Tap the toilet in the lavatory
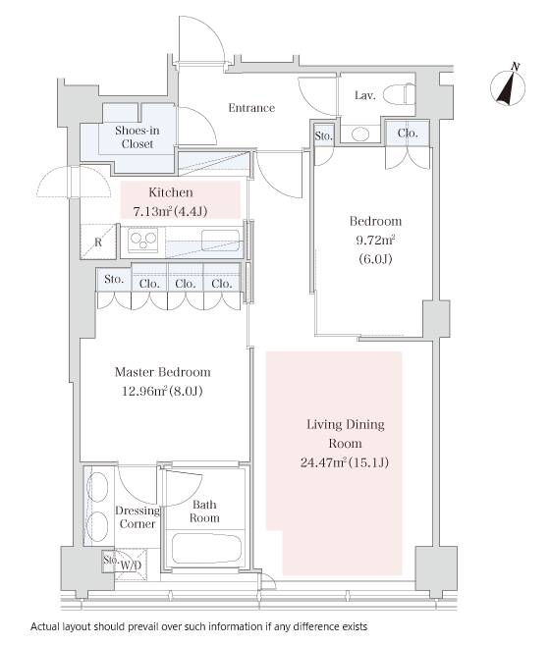pos(399,94)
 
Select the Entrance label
pos(251,108)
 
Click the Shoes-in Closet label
pos(137,137)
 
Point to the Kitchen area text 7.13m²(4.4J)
pos(170,211)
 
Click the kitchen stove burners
pos(142,240)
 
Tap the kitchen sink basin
pos(220,241)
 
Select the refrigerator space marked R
pos(98,242)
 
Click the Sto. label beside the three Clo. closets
pos(114,280)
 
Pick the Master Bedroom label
pos(162,372)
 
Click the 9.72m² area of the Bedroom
pos(375,240)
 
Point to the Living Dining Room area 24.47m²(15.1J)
pos(345,462)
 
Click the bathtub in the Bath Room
pos(206,549)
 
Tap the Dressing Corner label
pos(137,517)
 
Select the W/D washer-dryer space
pos(131,565)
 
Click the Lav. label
pos(365,95)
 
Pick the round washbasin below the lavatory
pos(360,134)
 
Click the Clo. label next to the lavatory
pos(408,134)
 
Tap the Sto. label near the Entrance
pos(324,135)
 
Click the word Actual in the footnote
pos(45,626)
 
